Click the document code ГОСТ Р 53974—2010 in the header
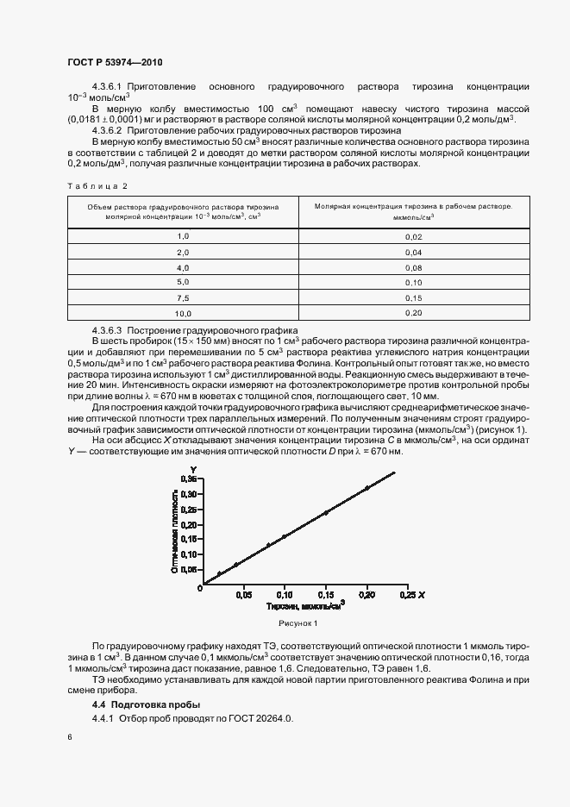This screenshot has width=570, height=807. [x=114, y=63]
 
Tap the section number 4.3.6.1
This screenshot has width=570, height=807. [x=110, y=88]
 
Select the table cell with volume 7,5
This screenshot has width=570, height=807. [x=182, y=297]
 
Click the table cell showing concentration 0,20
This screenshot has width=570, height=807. [x=413, y=313]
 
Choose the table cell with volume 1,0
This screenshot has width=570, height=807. [x=182, y=236]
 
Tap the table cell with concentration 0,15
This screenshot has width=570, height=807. [x=413, y=297]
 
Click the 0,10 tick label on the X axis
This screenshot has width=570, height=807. [x=285, y=595]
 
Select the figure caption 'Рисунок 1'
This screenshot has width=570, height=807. [x=298, y=622]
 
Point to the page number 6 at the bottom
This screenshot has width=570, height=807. [x=69, y=738]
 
